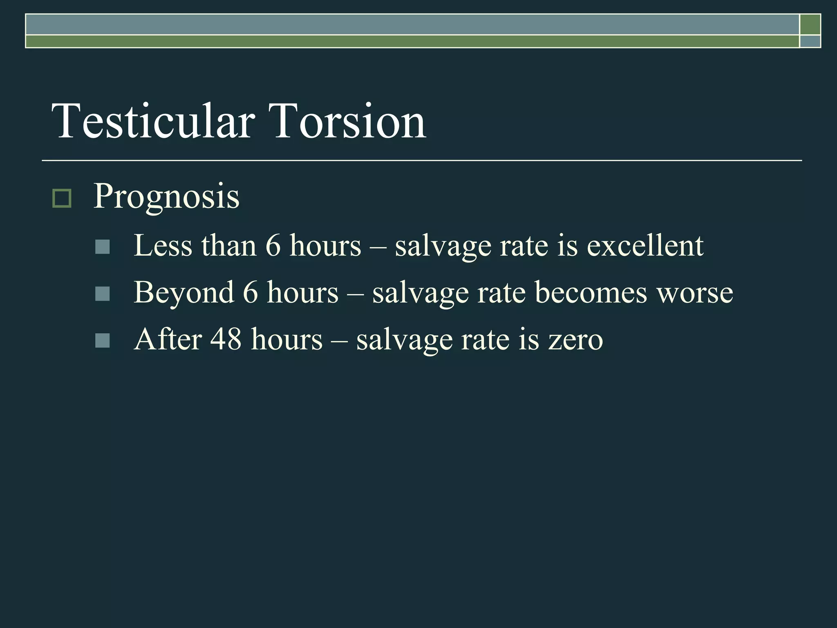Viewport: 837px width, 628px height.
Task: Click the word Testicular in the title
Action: [x=153, y=121]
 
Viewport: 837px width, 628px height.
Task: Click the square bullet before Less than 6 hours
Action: [x=102, y=247]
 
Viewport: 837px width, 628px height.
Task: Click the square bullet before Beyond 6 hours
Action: [x=102, y=294]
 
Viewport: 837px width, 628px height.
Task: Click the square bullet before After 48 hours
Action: [x=102, y=341]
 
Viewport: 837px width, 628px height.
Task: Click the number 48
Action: [x=226, y=339]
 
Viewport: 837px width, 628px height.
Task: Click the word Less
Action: [x=163, y=246]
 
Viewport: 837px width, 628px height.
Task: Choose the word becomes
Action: [x=591, y=293]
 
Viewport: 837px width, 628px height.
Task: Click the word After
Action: [x=168, y=339]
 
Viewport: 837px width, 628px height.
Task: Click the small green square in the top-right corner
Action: [x=810, y=25]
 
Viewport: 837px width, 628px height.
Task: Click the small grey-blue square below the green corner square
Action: [x=810, y=42]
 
